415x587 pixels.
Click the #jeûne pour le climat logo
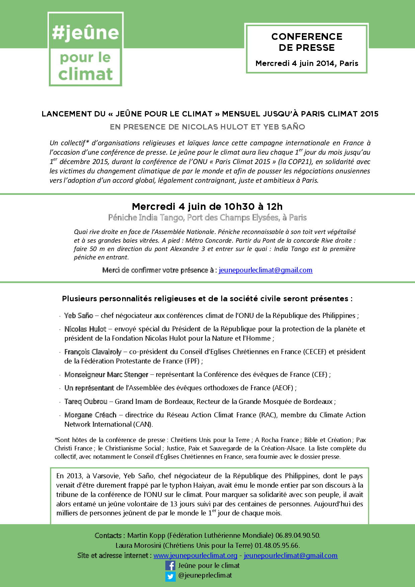tap(85, 49)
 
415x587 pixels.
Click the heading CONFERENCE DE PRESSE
tap(307, 42)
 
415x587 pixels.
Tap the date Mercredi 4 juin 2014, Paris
tap(307, 63)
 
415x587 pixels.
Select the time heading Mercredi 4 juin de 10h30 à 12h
tap(207, 206)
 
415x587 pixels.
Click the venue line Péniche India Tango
tap(207, 218)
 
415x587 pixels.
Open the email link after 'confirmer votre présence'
tap(265, 270)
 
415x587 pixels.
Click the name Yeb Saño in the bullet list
tap(79, 316)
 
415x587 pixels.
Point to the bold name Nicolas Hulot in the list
tap(85, 329)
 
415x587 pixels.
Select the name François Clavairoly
tap(93, 352)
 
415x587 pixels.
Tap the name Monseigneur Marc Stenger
tap(106, 374)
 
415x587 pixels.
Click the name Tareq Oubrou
tap(86, 402)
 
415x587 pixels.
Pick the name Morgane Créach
tap(90, 415)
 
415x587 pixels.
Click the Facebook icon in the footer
tap(170, 566)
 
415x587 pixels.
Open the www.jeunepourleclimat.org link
tap(195, 556)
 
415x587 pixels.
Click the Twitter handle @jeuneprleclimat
tap(205, 575)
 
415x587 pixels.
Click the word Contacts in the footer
tap(108, 535)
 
